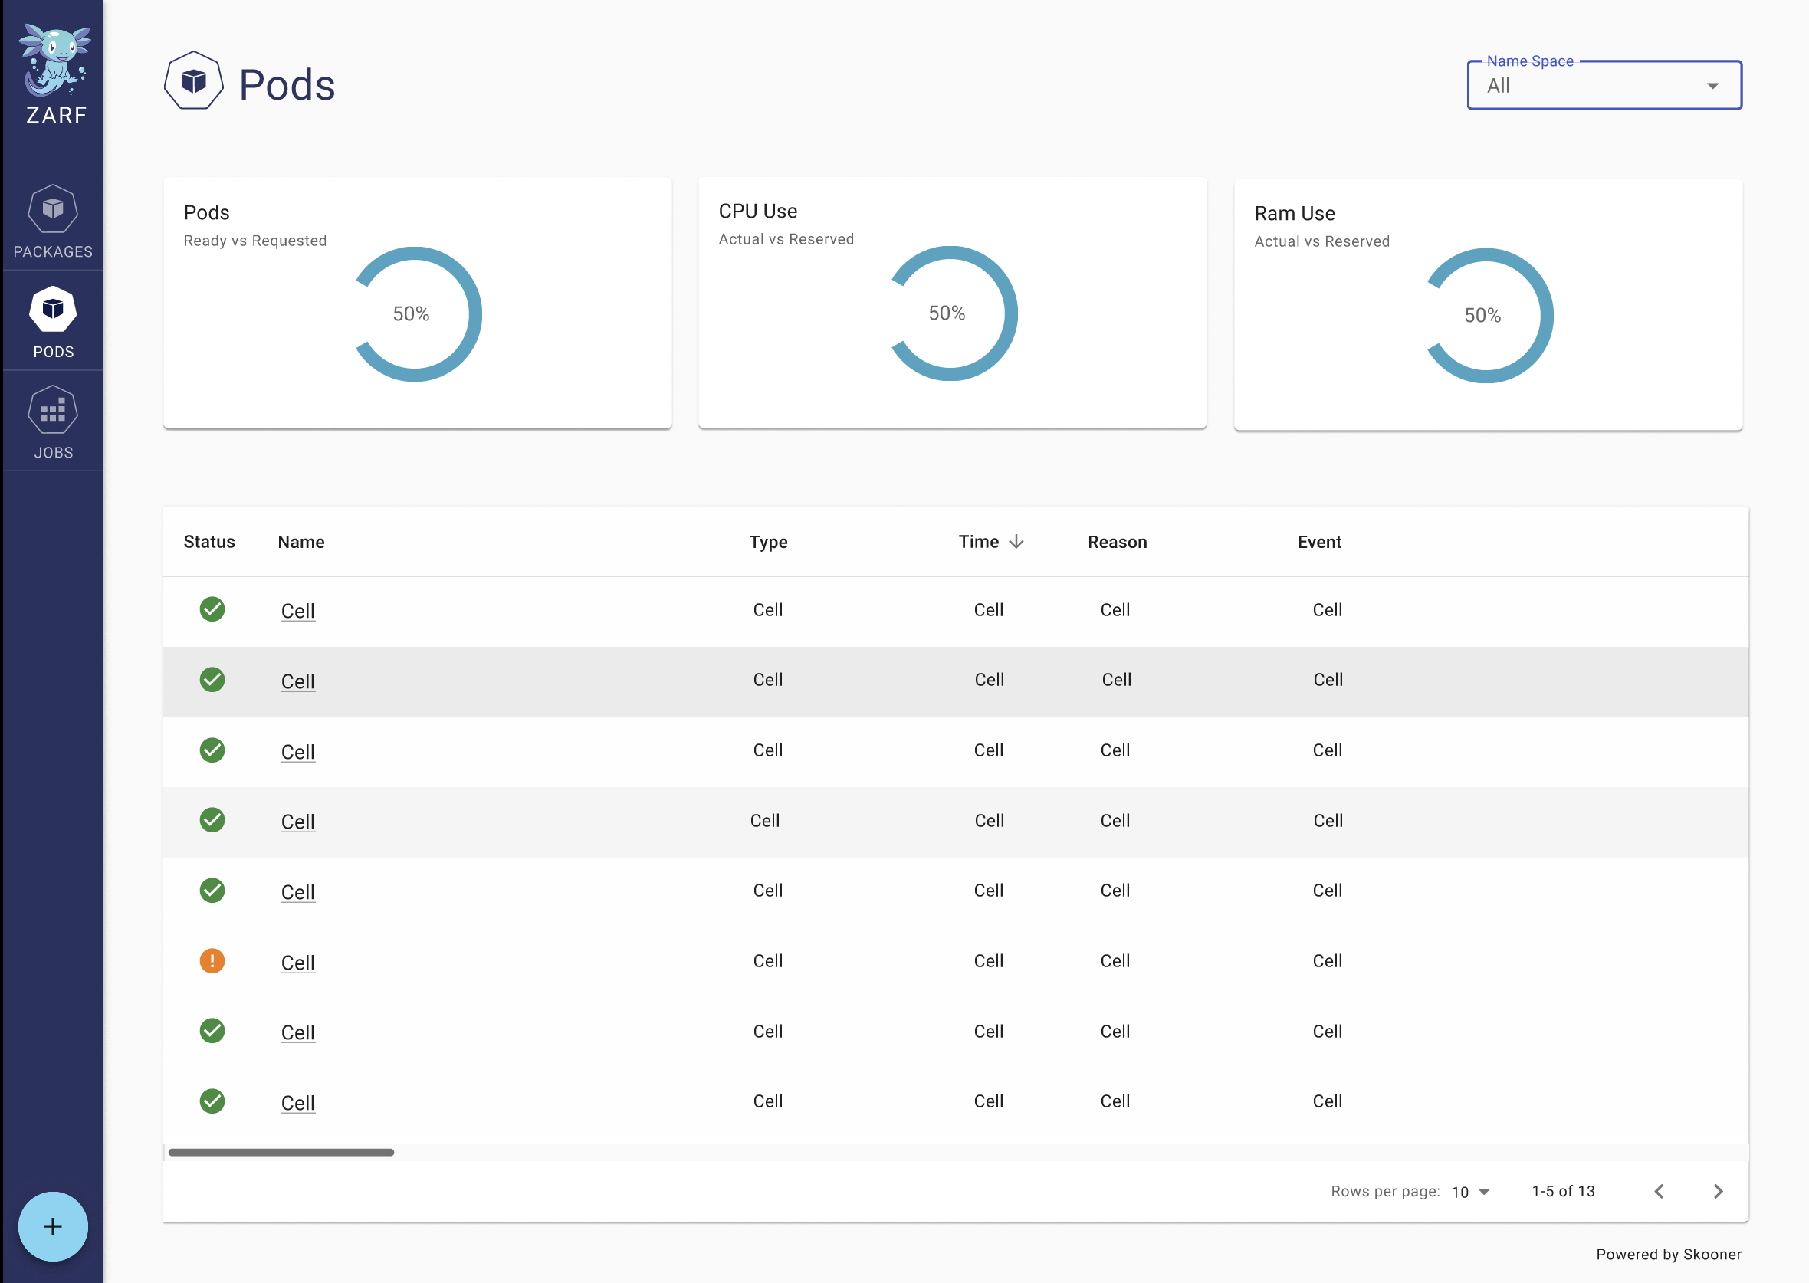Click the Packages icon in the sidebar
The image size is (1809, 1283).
[53, 209]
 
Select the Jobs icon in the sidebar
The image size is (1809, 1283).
[53, 410]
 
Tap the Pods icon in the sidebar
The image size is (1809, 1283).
[53, 310]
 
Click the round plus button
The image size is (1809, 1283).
[53, 1226]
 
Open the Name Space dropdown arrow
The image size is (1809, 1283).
[1712, 86]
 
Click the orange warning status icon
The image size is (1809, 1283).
[212, 960]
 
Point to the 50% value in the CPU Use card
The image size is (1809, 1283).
[947, 313]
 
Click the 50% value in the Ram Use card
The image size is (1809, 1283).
[1482, 316]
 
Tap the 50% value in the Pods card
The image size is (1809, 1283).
[411, 314]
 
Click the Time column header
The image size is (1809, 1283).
[979, 542]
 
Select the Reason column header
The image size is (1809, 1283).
[1117, 542]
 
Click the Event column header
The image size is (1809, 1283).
[1319, 542]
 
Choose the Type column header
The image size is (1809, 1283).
[768, 542]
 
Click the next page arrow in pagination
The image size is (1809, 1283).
[1717, 1191]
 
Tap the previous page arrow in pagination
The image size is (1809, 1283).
[1659, 1191]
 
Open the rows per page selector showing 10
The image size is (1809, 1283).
[1470, 1192]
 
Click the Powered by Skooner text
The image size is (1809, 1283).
[1669, 1255]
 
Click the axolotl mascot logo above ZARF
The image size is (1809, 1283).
[55, 59]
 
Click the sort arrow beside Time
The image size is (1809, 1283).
[1016, 542]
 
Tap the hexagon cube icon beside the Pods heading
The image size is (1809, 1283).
[193, 80]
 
